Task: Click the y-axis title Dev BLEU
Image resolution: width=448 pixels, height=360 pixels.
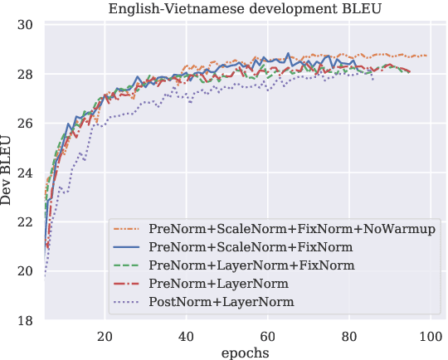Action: pos(7,173)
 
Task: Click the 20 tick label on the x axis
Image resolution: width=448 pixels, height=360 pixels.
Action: pos(105,335)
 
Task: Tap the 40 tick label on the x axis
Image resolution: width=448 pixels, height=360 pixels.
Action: pos(186,335)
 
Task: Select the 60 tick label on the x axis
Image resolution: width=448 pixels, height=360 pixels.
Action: pos(267,335)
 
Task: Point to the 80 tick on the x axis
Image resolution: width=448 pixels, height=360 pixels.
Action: pos(348,335)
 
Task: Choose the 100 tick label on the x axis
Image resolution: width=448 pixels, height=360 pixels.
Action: pos(430,335)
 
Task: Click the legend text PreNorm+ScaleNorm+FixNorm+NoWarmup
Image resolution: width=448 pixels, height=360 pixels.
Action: pos(292,228)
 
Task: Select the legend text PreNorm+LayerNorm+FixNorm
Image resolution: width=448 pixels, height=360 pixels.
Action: pos(251,265)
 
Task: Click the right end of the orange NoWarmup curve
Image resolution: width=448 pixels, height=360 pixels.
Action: pos(426,56)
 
